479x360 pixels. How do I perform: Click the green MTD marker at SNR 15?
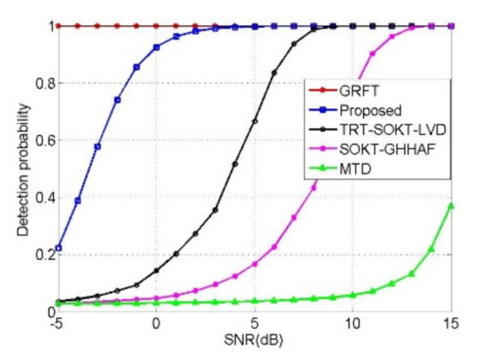(x=451, y=206)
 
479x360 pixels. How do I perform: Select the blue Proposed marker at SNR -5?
(x=57, y=248)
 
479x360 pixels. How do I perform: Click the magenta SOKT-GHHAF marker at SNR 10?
(x=354, y=95)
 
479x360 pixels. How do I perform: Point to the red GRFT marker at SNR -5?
(x=57, y=26)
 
